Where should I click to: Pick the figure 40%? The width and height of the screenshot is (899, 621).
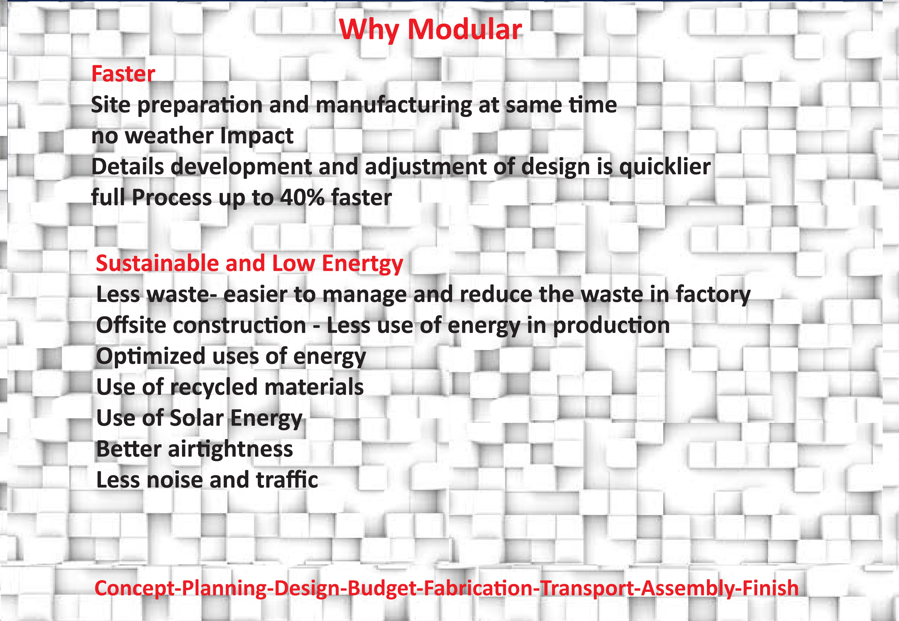[302, 197]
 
